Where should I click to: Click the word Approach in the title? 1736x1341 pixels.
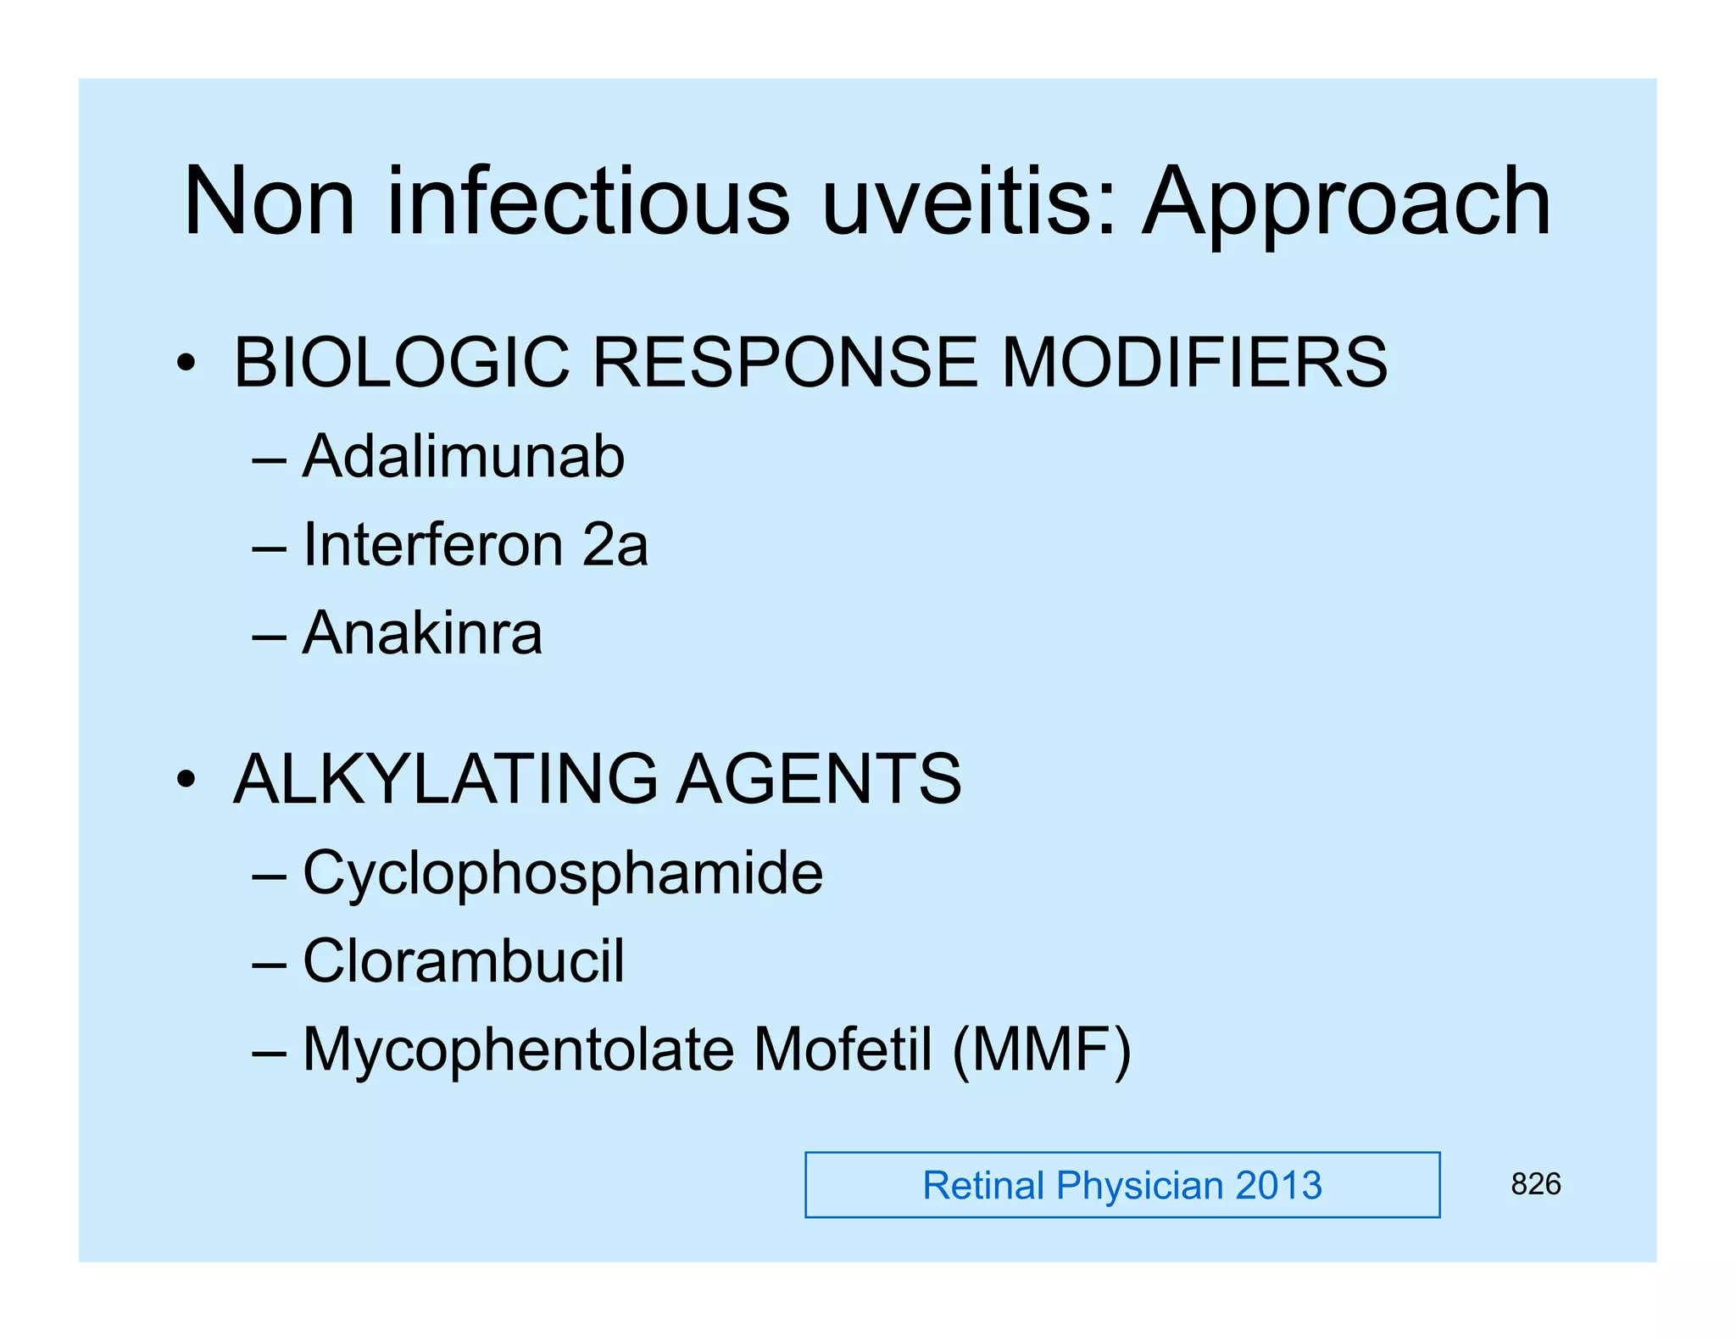coord(1346,203)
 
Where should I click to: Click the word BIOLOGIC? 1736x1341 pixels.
coord(402,362)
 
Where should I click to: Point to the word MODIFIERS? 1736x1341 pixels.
coord(1194,362)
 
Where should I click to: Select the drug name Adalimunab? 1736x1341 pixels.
coord(464,457)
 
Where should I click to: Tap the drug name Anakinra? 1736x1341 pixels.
coord(422,633)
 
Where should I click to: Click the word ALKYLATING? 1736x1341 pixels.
coord(446,779)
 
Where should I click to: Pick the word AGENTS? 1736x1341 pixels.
coord(819,779)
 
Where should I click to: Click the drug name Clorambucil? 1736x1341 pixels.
coord(464,961)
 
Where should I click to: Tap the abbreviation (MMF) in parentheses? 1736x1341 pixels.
coord(1042,1051)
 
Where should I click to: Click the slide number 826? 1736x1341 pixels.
coord(1535,1184)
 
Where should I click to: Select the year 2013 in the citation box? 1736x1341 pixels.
coord(1278,1185)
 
